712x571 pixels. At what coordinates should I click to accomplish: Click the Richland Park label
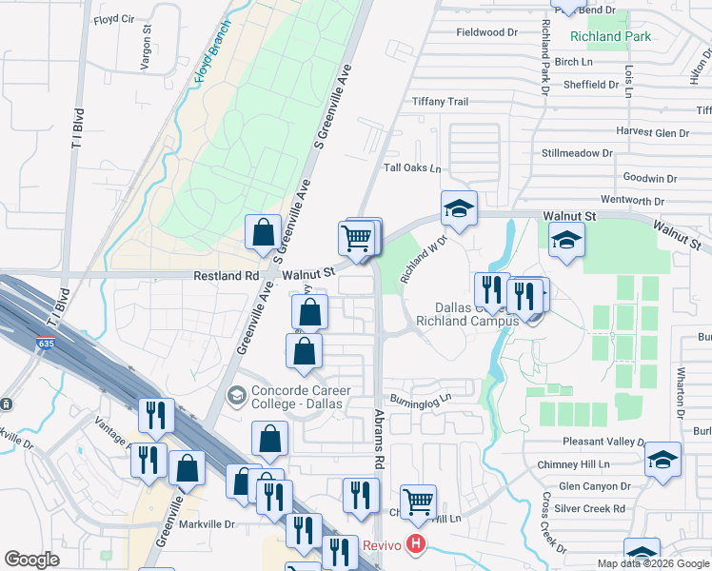coord(610,37)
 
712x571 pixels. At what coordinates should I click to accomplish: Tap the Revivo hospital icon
coord(415,545)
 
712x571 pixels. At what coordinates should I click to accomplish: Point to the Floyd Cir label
coord(114,19)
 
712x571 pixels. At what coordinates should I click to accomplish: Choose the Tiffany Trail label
coord(440,102)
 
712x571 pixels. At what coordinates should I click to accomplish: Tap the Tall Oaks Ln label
coord(412,168)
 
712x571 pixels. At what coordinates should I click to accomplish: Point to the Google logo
coord(31,560)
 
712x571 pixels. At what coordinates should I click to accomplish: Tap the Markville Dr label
coord(203,523)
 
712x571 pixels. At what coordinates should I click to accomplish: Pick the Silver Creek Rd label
coord(591,509)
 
